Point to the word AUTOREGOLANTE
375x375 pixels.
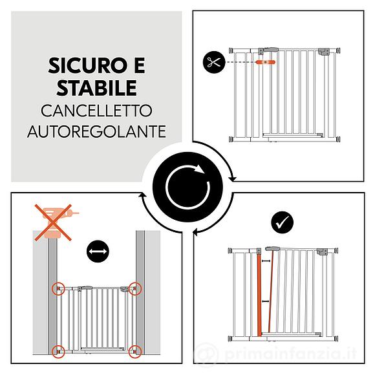point(96,131)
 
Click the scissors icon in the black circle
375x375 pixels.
point(213,62)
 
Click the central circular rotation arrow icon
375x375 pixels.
point(187,187)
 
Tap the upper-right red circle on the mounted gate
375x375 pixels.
point(134,288)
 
